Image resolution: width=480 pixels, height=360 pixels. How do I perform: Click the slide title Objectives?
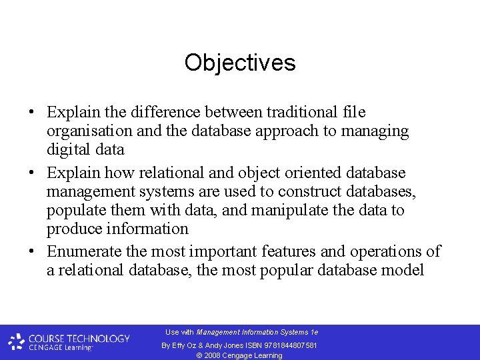tap(240, 63)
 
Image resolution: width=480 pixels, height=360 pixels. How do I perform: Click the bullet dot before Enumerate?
tap(33, 252)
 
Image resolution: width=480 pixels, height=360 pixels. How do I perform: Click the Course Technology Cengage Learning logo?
tap(69, 342)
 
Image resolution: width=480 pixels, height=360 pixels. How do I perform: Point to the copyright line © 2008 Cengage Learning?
tap(239, 355)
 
